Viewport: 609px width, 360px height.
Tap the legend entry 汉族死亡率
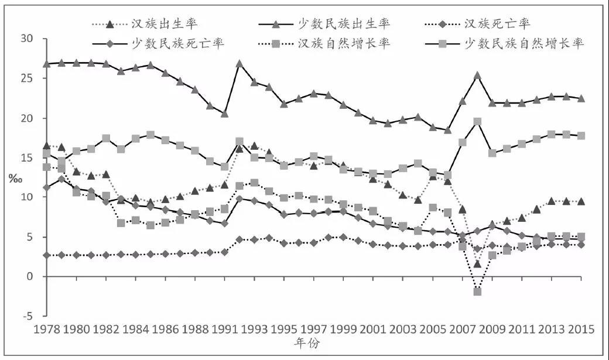click(498, 24)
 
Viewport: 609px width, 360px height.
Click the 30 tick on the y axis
click(28, 39)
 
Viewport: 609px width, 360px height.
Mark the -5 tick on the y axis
click(28, 316)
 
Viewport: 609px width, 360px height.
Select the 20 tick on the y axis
click(28, 118)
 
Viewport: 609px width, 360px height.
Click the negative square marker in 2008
click(477, 291)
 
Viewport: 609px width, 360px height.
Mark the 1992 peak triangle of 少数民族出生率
click(239, 63)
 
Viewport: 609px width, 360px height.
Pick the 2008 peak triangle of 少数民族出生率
click(477, 75)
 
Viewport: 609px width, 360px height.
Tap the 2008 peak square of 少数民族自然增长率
click(477, 122)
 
